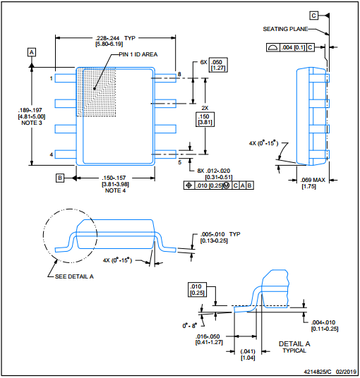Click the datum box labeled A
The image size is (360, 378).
(x=32, y=52)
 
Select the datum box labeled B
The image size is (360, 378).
(x=60, y=178)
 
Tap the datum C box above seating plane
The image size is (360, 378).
(x=313, y=16)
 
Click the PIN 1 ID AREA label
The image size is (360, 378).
(x=138, y=54)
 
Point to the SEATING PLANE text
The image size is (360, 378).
(x=285, y=29)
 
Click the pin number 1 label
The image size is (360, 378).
(x=51, y=78)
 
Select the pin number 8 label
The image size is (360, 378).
(x=179, y=74)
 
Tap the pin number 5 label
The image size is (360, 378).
(x=180, y=162)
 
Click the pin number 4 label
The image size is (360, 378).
(x=52, y=154)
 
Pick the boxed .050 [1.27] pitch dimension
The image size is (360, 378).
(x=218, y=65)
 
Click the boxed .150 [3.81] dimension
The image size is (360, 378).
(x=205, y=119)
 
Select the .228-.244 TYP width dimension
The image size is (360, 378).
(x=115, y=41)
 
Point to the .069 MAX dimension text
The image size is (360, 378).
(x=313, y=183)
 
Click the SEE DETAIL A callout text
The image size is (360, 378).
(x=74, y=276)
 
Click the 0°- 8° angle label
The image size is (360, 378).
(x=190, y=326)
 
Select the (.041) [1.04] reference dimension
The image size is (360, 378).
(x=248, y=355)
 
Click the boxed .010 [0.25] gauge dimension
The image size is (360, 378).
(x=197, y=290)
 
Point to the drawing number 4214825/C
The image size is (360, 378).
(x=318, y=372)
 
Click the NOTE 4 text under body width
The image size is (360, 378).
(x=115, y=190)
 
